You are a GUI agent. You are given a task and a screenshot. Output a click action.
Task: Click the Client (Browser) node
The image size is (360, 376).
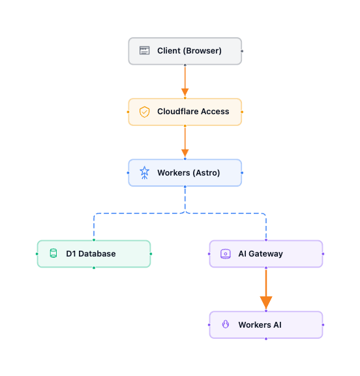185,51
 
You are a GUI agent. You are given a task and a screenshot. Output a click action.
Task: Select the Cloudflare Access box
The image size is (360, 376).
185,112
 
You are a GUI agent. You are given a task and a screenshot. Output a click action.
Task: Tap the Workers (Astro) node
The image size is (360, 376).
185,173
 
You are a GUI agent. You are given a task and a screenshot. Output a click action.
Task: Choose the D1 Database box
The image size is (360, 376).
93,254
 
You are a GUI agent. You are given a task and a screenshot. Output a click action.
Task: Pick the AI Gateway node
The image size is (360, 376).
265,254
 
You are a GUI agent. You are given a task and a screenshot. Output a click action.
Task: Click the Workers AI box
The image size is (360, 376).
265,324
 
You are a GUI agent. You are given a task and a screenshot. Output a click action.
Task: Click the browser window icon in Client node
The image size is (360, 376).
144,51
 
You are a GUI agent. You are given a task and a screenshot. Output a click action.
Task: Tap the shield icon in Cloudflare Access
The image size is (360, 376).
144,112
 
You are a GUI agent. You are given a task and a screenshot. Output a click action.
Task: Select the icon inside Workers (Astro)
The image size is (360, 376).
144,173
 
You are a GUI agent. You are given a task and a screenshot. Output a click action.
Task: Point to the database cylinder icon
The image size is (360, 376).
53,254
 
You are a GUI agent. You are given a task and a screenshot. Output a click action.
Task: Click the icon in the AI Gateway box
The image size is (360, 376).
225,254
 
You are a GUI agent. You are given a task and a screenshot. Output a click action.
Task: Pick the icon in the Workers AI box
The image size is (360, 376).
225,324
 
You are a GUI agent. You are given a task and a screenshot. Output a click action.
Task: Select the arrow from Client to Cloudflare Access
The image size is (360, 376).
185,82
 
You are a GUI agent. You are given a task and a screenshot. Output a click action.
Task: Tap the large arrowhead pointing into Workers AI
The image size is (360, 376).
265,302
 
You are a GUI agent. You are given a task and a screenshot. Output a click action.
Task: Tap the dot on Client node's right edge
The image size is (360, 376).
242,51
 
